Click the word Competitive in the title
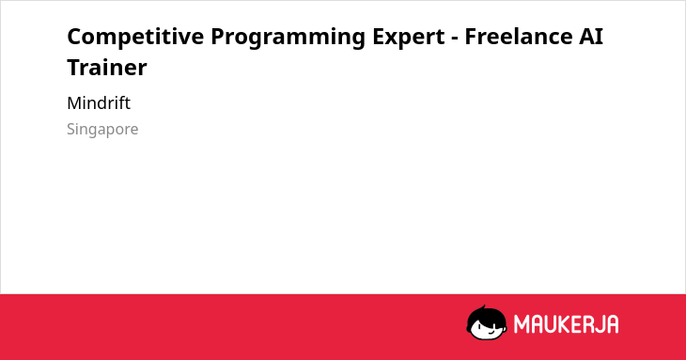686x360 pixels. tap(135, 37)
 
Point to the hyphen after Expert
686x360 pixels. tap(455, 39)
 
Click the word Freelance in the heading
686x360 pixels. tap(519, 37)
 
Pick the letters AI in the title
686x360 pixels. tap(591, 37)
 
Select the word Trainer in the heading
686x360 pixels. tap(107, 68)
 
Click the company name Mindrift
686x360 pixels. tap(99, 103)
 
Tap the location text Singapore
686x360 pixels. tap(102, 130)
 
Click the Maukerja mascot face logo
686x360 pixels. tap(487, 323)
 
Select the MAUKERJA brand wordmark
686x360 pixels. tap(566, 324)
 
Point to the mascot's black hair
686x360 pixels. tap(486, 315)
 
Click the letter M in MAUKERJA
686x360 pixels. tap(522, 324)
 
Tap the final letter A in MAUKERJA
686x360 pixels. tap(613, 324)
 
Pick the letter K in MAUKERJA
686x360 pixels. tap(565, 324)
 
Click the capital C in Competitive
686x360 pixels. tap(75, 37)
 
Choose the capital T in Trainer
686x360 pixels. tap(74, 68)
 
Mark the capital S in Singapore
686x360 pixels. tap(72, 129)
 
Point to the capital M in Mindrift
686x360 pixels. tap(74, 103)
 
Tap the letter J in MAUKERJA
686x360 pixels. tap(599, 324)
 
